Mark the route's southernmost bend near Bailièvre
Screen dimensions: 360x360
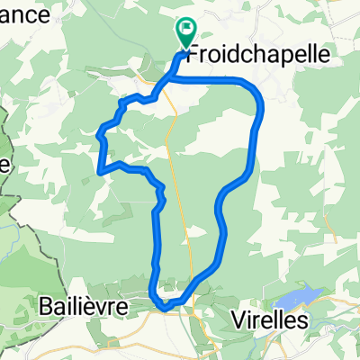click(x=165, y=306)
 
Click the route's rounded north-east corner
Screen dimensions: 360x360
click(x=255, y=87)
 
